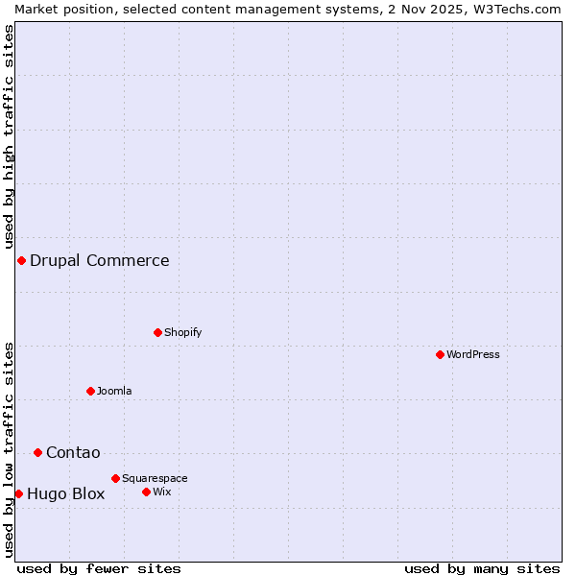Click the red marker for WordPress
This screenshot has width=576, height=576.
pyautogui.click(x=440, y=354)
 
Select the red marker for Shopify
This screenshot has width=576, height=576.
pyautogui.click(x=157, y=332)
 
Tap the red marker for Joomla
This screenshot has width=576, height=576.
pyautogui.click(x=90, y=391)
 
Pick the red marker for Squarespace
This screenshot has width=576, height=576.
pyautogui.click(x=115, y=478)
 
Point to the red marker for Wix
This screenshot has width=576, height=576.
pyautogui.click(x=146, y=492)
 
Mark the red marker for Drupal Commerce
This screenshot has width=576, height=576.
pyautogui.click(x=21, y=260)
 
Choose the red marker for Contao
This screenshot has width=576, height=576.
pyautogui.click(x=37, y=452)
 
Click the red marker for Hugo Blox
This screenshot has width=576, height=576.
pyautogui.click(x=18, y=493)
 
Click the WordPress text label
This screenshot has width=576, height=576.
pyautogui.click(x=473, y=354)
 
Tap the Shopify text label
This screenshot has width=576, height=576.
pyautogui.click(x=183, y=332)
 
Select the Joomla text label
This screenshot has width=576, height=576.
pyautogui.click(x=114, y=391)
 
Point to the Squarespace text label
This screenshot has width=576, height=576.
pyautogui.click(x=155, y=478)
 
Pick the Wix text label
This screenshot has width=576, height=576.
pyautogui.click(x=162, y=492)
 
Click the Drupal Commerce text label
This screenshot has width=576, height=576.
pyautogui.click(x=100, y=260)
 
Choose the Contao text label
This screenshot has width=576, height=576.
pyautogui.click(x=73, y=452)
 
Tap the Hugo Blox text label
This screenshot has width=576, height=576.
pyautogui.click(x=66, y=494)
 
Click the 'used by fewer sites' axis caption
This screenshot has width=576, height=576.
pyautogui.click(x=99, y=568)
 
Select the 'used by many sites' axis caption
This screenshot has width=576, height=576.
pyautogui.click(x=482, y=568)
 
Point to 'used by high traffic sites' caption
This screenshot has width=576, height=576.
pyautogui.click(x=9, y=137)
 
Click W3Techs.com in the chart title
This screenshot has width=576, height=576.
pyautogui.click(x=516, y=9)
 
